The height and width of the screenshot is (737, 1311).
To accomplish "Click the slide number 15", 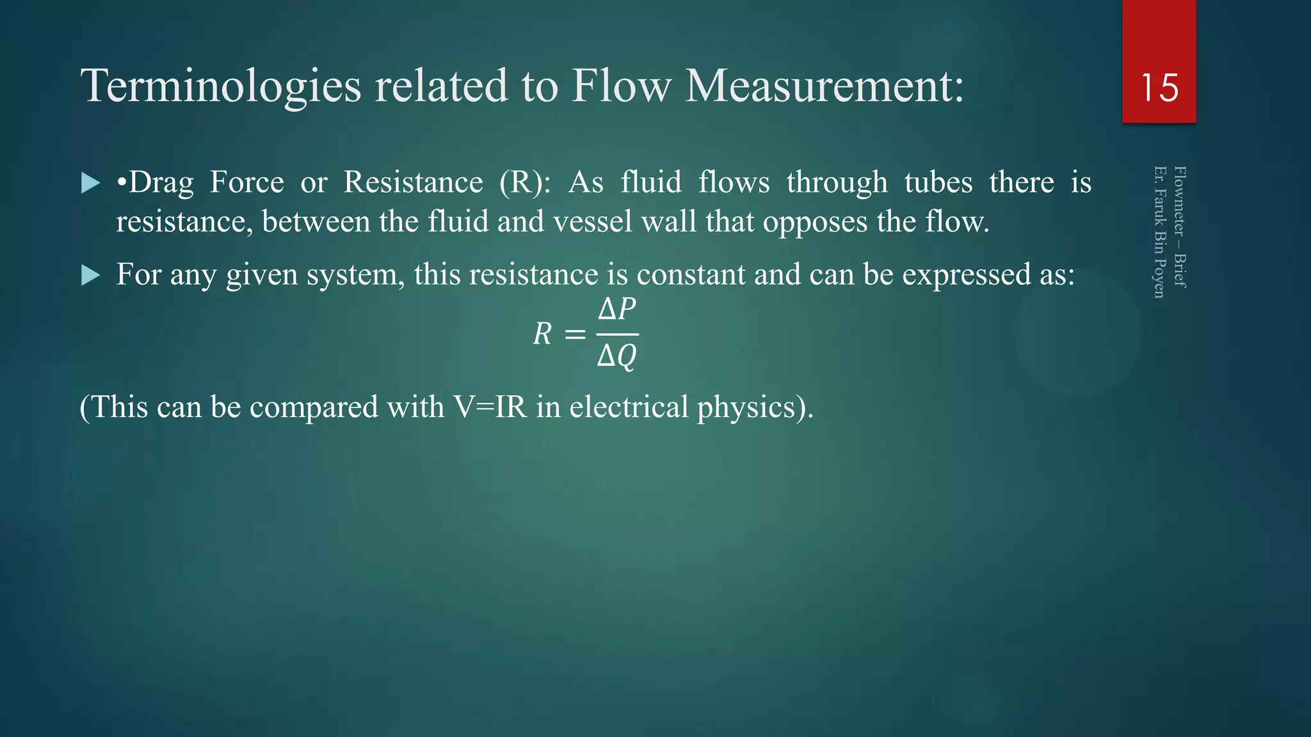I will tap(1159, 88).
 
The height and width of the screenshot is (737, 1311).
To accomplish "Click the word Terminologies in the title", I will tap(221, 86).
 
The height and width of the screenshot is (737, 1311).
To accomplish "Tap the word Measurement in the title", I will tap(824, 86).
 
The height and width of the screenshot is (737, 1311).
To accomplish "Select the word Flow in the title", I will tap(621, 86).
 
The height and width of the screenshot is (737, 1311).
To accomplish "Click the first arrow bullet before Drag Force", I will tap(91, 184).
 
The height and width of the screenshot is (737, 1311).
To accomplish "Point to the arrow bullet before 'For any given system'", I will tap(91, 276).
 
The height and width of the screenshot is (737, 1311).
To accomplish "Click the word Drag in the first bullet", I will tap(161, 183).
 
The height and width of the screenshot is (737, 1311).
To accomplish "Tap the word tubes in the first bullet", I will tap(938, 183).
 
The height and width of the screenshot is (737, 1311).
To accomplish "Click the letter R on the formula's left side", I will tap(542, 334).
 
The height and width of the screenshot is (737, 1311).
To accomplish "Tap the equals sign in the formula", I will tap(574, 334).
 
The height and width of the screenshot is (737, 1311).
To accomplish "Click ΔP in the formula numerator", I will tap(616, 310).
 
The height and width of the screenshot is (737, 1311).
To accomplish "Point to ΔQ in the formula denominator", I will tap(616, 356).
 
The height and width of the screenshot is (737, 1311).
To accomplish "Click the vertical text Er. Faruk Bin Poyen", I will tap(1159, 232).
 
